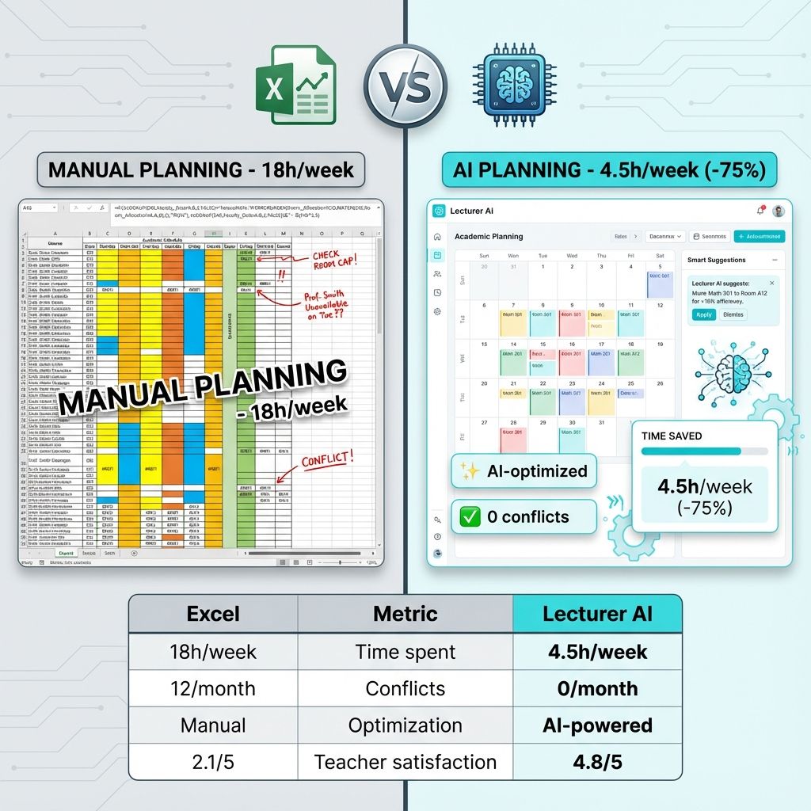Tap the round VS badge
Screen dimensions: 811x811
[405, 83]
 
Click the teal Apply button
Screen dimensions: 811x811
[703, 314]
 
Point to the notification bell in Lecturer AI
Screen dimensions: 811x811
[760, 211]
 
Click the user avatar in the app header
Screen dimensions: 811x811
[779, 211]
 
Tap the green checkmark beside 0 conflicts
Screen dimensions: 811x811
[470, 517]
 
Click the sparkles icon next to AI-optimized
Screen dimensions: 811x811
[470, 471]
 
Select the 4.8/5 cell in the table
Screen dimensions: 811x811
[597, 762]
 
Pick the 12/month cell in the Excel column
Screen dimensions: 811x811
[213, 688]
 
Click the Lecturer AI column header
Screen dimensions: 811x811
[597, 614]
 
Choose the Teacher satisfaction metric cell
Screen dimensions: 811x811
[405, 762]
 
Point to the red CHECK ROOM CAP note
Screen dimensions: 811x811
[333, 262]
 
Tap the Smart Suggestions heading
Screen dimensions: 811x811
[717, 260]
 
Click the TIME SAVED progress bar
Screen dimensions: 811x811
[704, 451]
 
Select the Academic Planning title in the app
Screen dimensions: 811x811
[489, 237]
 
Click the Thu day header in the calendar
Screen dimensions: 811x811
[601, 256]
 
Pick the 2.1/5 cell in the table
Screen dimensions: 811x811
[213, 762]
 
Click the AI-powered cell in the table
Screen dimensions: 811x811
[597, 725]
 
